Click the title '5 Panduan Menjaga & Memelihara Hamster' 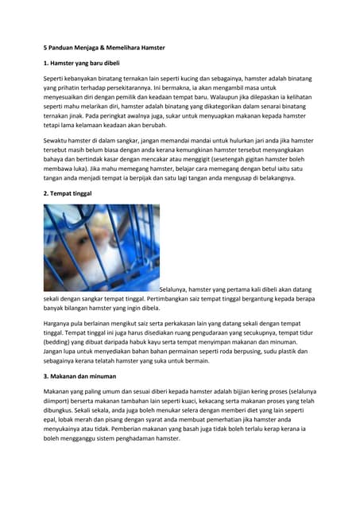pos(104,48)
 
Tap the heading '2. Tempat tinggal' pos(69,193)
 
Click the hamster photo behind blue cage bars pos(101,247)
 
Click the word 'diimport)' pos(60,402)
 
